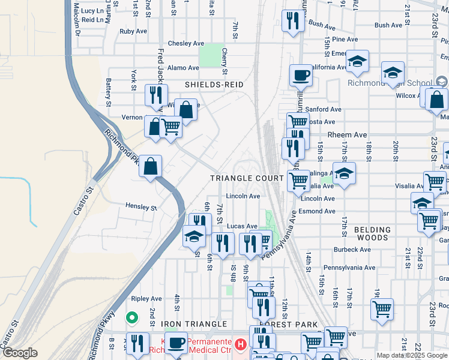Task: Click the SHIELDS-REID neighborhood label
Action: pyautogui.click(x=214, y=85)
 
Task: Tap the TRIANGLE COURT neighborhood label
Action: pyautogui.click(x=247, y=178)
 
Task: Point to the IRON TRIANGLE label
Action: pyautogui.click(x=194, y=324)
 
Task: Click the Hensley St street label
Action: pyautogui.click(x=141, y=207)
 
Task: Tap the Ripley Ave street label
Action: pyautogui.click(x=146, y=298)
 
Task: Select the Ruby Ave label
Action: pyautogui.click(x=133, y=31)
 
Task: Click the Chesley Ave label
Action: pyautogui.click(x=186, y=44)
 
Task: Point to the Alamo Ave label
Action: pyautogui.click(x=183, y=68)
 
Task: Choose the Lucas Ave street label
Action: pyautogui.click(x=242, y=226)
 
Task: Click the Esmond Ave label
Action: pyautogui.click(x=318, y=211)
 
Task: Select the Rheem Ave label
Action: pyautogui.click(x=339, y=135)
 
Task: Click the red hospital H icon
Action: pyautogui.click(x=241, y=344)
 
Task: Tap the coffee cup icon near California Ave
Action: pyautogui.click(x=301, y=76)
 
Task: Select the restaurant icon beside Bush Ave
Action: pyautogui.click(x=292, y=22)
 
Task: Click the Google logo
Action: pyautogui.click(x=20, y=353)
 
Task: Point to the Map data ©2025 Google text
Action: pyautogui.click(x=411, y=355)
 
